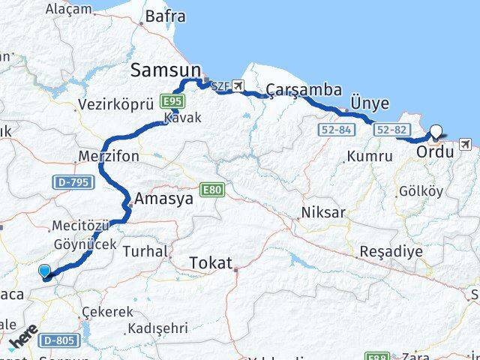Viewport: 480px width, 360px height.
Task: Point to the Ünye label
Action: [x=369, y=103]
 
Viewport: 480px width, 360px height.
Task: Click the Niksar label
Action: [x=323, y=212]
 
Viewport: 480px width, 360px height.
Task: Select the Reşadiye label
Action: [x=391, y=250]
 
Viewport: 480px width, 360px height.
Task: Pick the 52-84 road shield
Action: [x=334, y=130]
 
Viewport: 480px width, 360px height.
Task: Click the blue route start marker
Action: [x=45, y=272]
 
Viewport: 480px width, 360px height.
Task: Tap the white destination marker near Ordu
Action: [x=436, y=132]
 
